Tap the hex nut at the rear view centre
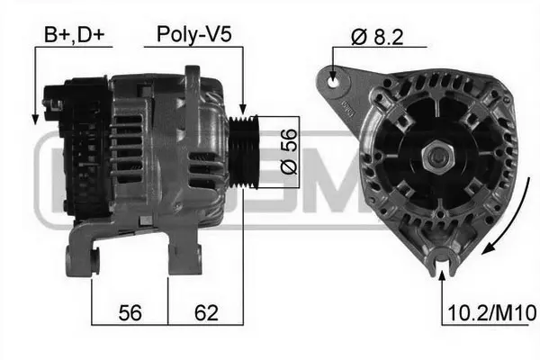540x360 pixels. (x=440, y=157)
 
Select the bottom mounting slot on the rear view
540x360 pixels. (x=441, y=261)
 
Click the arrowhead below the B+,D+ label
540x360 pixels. (x=35, y=118)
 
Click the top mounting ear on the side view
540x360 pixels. (x=191, y=76)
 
